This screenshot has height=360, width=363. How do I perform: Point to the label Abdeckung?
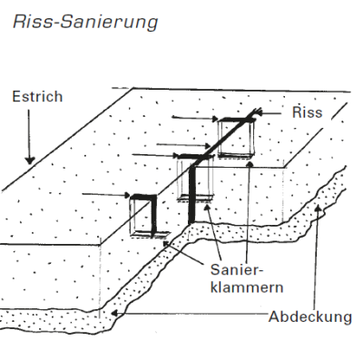pyautogui.click(x=309, y=317)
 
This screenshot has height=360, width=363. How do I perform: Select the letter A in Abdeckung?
pyautogui.click(x=273, y=317)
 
